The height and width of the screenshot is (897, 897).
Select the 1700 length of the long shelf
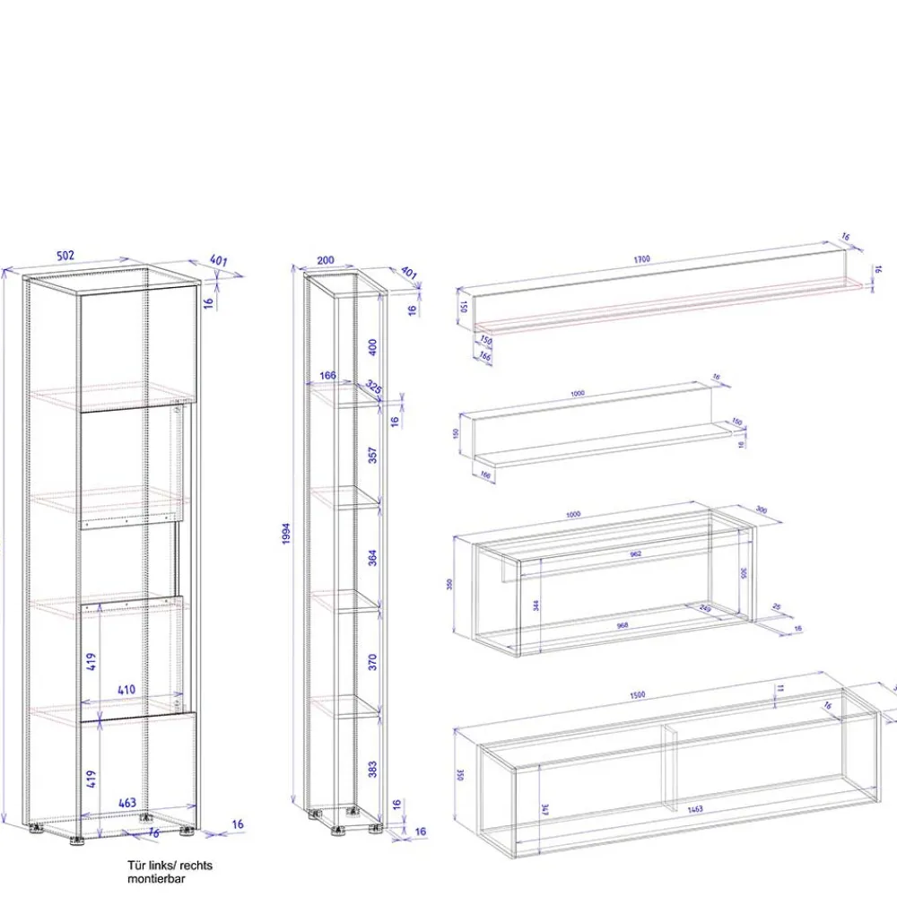pos(641,259)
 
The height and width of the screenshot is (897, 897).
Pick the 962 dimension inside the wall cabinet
pos(635,553)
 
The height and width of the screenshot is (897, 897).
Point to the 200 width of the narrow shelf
pos(326,261)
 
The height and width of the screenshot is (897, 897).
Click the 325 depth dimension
pos(372,388)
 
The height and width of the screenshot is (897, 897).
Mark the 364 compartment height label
pos(373,557)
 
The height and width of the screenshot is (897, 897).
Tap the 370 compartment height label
pos(373,662)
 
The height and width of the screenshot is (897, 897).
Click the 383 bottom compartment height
pos(373,768)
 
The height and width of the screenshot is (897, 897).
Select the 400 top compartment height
pos(373,345)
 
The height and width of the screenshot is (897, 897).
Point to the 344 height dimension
pos(536,605)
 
